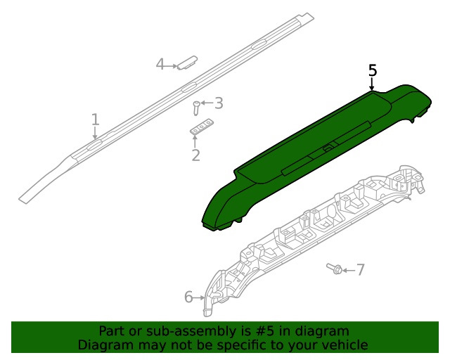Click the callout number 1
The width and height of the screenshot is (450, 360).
point(96,120)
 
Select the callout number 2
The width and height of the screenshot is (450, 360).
point(195,155)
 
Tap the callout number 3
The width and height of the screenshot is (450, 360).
point(219,103)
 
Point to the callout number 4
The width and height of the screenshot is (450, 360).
point(160,65)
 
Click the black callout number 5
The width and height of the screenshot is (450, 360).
point(373,70)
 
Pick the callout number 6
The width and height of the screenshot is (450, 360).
point(188,297)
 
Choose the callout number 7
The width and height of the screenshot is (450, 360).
point(361,269)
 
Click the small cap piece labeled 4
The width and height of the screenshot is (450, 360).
point(186,62)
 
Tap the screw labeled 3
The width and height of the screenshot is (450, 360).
point(196,108)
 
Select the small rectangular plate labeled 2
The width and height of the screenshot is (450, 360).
point(201,127)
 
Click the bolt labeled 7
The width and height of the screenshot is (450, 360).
point(335,268)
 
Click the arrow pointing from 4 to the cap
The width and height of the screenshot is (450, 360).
point(172,65)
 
